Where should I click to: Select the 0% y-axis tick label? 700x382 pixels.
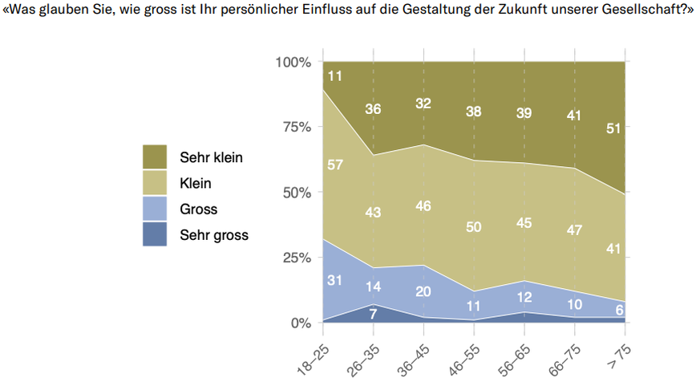299,323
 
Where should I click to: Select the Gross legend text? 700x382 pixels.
199,209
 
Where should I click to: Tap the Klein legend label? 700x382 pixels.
196,184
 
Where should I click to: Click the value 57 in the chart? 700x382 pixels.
335,165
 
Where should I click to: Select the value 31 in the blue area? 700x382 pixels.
335,279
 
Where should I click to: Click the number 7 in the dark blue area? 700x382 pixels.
373,314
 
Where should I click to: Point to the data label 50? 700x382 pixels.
473,227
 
